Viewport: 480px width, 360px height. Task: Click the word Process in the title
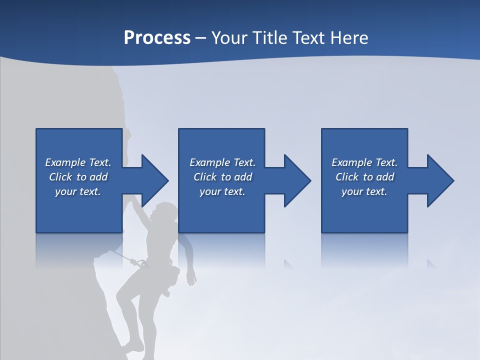pos(157,38)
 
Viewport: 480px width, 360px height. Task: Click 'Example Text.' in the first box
pos(78,162)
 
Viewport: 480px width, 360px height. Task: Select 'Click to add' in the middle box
pos(222,177)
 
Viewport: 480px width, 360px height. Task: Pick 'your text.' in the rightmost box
pos(364,191)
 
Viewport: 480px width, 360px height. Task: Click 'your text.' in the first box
pos(78,191)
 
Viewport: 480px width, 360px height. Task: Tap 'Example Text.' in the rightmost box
pos(364,162)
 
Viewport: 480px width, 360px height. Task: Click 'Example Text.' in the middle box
pos(222,162)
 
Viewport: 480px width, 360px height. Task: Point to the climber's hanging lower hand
pos(191,278)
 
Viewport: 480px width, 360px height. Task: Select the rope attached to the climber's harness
pos(122,256)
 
